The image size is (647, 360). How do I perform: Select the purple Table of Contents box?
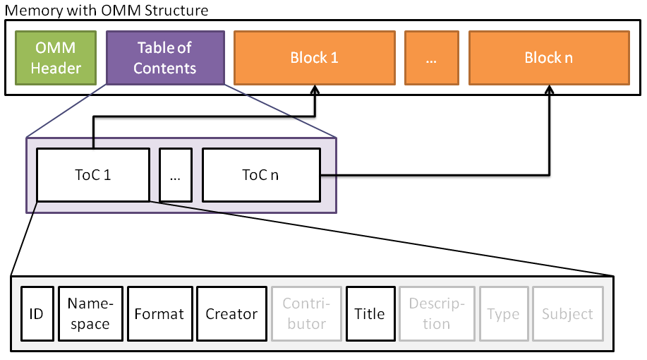coord(165,58)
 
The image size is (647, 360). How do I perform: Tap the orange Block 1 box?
coord(314,58)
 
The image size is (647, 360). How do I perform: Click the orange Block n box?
coord(548,58)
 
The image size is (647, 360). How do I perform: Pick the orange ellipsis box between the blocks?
coord(432,58)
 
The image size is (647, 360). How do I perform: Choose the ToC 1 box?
coord(93,175)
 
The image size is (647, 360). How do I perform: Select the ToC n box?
coord(261,175)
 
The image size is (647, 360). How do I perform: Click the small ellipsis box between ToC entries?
coord(175,175)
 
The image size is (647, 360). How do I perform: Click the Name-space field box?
coord(90,314)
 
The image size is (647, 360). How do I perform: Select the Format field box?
coord(159,314)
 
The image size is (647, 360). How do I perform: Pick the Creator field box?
coord(231,314)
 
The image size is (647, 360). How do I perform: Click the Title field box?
coord(369,314)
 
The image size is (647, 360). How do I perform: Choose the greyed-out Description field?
coord(437,314)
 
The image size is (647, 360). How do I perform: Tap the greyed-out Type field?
coord(503,314)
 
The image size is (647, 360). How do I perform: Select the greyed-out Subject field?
coord(567,314)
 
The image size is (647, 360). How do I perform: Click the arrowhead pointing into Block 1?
coord(315,90)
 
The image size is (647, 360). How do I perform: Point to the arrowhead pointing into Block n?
coord(549,90)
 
